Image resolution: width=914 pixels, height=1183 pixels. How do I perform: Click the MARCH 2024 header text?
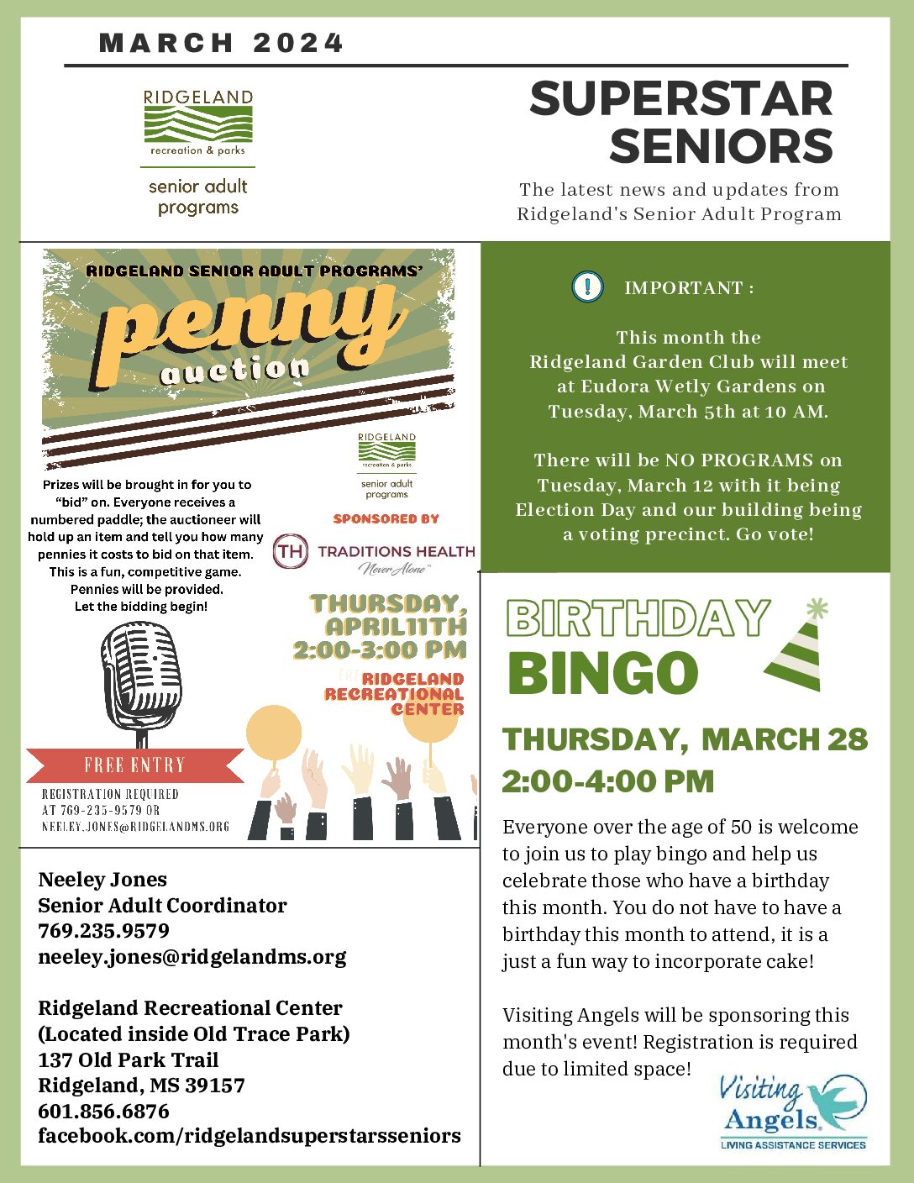point(221,43)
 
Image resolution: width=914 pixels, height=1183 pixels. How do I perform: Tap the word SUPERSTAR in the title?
point(680,99)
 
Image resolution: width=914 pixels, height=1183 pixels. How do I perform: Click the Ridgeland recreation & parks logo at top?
point(198,123)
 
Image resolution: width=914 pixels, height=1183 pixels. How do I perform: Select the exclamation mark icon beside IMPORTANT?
point(587,287)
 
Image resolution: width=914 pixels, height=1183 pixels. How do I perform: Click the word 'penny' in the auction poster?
point(252,323)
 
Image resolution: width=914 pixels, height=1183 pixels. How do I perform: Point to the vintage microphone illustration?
point(141,681)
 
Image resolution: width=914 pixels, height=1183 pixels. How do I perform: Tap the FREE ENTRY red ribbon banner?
point(134,765)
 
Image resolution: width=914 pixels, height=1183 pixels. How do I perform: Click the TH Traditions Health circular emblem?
point(291,552)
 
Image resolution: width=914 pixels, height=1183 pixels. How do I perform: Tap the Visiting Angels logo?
point(793,1112)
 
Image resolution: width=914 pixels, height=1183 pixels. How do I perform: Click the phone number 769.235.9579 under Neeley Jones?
point(103,931)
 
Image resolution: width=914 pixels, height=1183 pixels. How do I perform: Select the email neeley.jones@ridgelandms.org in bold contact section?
point(192,957)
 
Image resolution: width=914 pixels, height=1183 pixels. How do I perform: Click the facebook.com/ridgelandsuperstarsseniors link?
point(249,1136)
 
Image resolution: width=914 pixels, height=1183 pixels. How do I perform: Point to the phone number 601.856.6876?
point(103,1111)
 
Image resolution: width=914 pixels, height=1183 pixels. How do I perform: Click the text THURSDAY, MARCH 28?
point(685,739)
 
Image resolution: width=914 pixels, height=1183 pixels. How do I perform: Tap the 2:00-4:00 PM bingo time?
point(607,781)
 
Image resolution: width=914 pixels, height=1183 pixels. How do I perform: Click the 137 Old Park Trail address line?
point(128,1059)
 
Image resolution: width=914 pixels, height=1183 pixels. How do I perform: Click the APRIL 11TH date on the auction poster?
point(396,627)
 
